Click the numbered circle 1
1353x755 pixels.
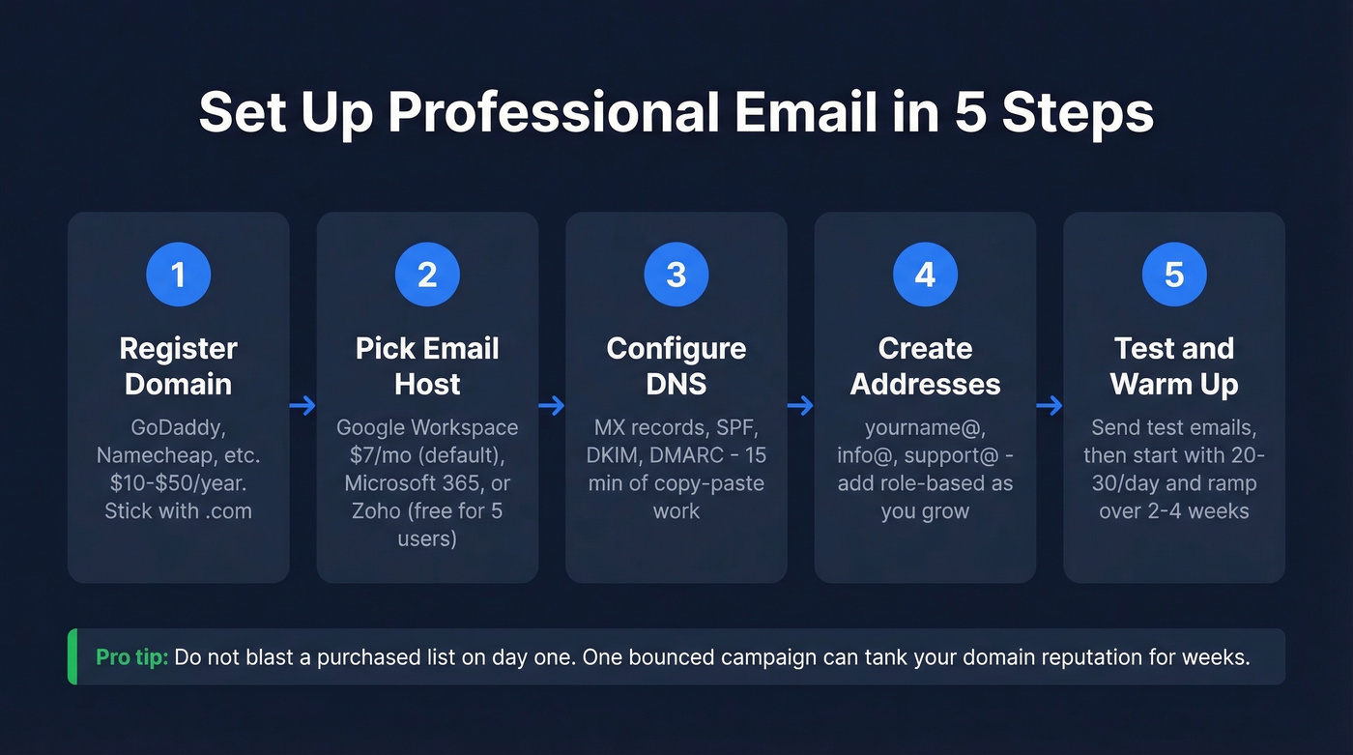tap(178, 275)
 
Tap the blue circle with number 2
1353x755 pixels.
tap(427, 275)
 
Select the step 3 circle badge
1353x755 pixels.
tap(676, 275)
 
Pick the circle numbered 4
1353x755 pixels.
tap(925, 275)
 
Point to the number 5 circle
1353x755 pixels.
tap(1174, 275)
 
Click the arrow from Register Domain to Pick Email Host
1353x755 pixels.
tap(302, 405)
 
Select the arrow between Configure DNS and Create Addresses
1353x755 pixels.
tap(800, 405)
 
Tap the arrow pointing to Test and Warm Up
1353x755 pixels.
tap(1050, 405)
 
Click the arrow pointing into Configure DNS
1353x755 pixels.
tap(552, 405)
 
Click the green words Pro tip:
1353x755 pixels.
tap(132, 657)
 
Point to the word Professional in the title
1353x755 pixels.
tap(554, 113)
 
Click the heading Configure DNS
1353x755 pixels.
tap(676, 365)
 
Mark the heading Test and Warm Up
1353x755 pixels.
tap(1174, 365)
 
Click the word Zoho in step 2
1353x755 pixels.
tap(376, 510)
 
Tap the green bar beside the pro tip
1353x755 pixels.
tap(72, 657)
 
